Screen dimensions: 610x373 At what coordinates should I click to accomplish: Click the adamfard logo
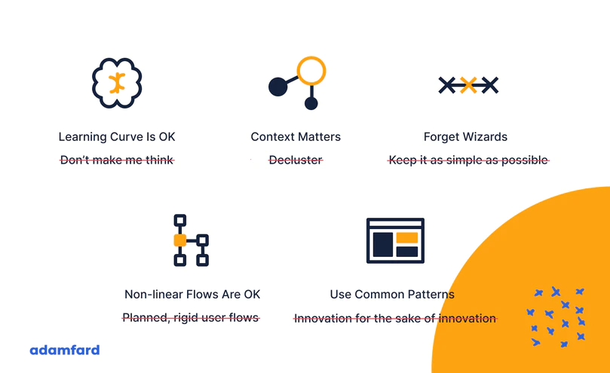tap(65, 350)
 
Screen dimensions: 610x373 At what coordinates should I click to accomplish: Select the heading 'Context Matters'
tap(296, 137)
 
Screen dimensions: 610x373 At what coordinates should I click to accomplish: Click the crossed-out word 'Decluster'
tap(296, 160)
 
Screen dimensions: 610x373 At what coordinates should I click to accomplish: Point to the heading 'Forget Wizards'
tap(465, 137)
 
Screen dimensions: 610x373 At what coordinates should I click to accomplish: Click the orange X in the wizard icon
tap(468, 85)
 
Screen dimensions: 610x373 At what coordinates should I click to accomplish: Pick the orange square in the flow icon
tap(179, 240)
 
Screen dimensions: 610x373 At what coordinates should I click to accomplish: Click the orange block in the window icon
tap(407, 237)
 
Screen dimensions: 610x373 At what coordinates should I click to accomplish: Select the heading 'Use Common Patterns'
tap(392, 295)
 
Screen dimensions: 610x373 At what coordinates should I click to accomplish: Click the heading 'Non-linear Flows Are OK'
tap(192, 295)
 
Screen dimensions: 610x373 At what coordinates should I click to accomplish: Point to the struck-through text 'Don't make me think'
tap(117, 160)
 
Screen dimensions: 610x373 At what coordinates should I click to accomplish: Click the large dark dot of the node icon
tap(277, 87)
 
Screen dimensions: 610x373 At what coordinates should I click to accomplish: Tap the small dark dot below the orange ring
tap(311, 103)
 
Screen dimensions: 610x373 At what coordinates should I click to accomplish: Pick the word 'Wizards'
tap(486, 137)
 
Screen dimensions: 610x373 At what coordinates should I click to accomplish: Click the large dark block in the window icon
tap(383, 245)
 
